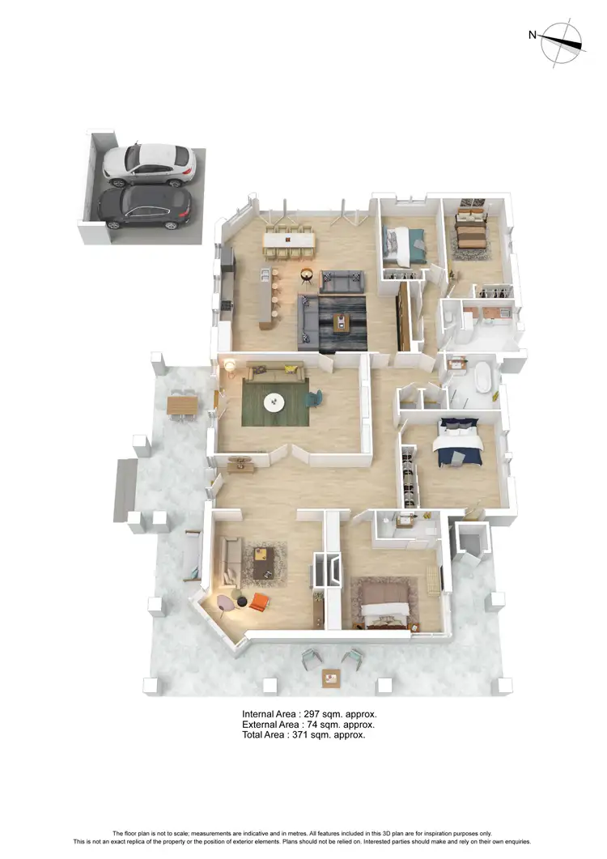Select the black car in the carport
point(146,208)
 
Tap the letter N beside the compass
point(533,34)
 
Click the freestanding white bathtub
point(484,378)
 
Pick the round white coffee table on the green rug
point(276,401)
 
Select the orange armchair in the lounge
point(258,602)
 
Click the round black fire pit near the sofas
point(308,275)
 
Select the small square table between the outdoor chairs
point(331,677)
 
